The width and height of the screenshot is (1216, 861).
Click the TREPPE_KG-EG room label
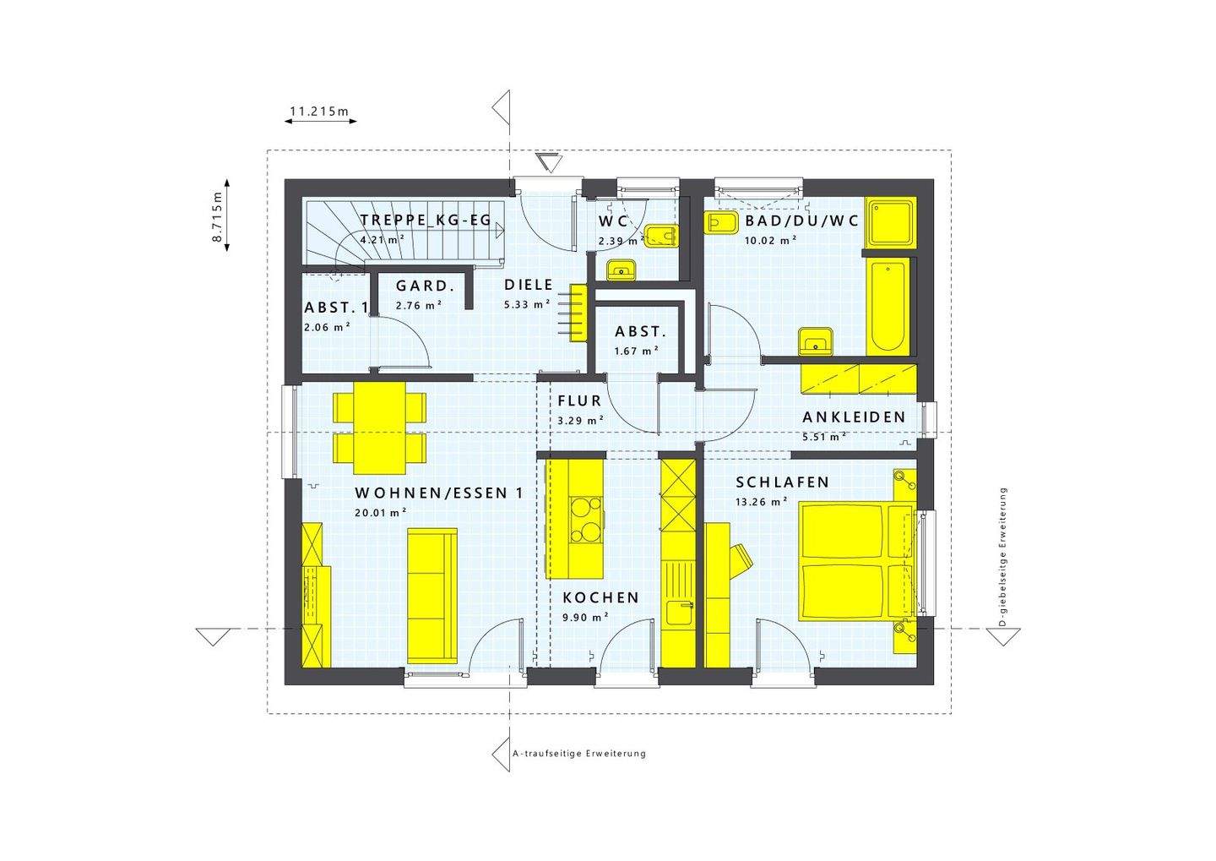[425, 221]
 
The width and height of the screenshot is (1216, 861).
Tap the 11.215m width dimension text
[319, 111]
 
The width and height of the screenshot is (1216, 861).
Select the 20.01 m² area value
[381, 511]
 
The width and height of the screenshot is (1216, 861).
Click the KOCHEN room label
[600, 597]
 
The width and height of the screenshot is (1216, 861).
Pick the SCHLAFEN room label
[782, 482]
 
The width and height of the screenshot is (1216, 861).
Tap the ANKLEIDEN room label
[854, 417]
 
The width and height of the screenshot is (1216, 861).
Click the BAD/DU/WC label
[801, 221]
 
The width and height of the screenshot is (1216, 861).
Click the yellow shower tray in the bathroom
[890, 221]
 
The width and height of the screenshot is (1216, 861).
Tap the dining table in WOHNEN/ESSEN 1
[378, 427]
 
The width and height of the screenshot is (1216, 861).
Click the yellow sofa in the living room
[432, 596]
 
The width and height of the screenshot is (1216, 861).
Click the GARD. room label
[426, 286]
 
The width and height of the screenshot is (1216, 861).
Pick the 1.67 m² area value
[636, 350]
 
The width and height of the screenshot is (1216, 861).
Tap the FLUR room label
[579, 401]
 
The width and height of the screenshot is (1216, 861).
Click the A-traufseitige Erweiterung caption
[579, 753]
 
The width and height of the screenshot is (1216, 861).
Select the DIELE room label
[529, 286]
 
